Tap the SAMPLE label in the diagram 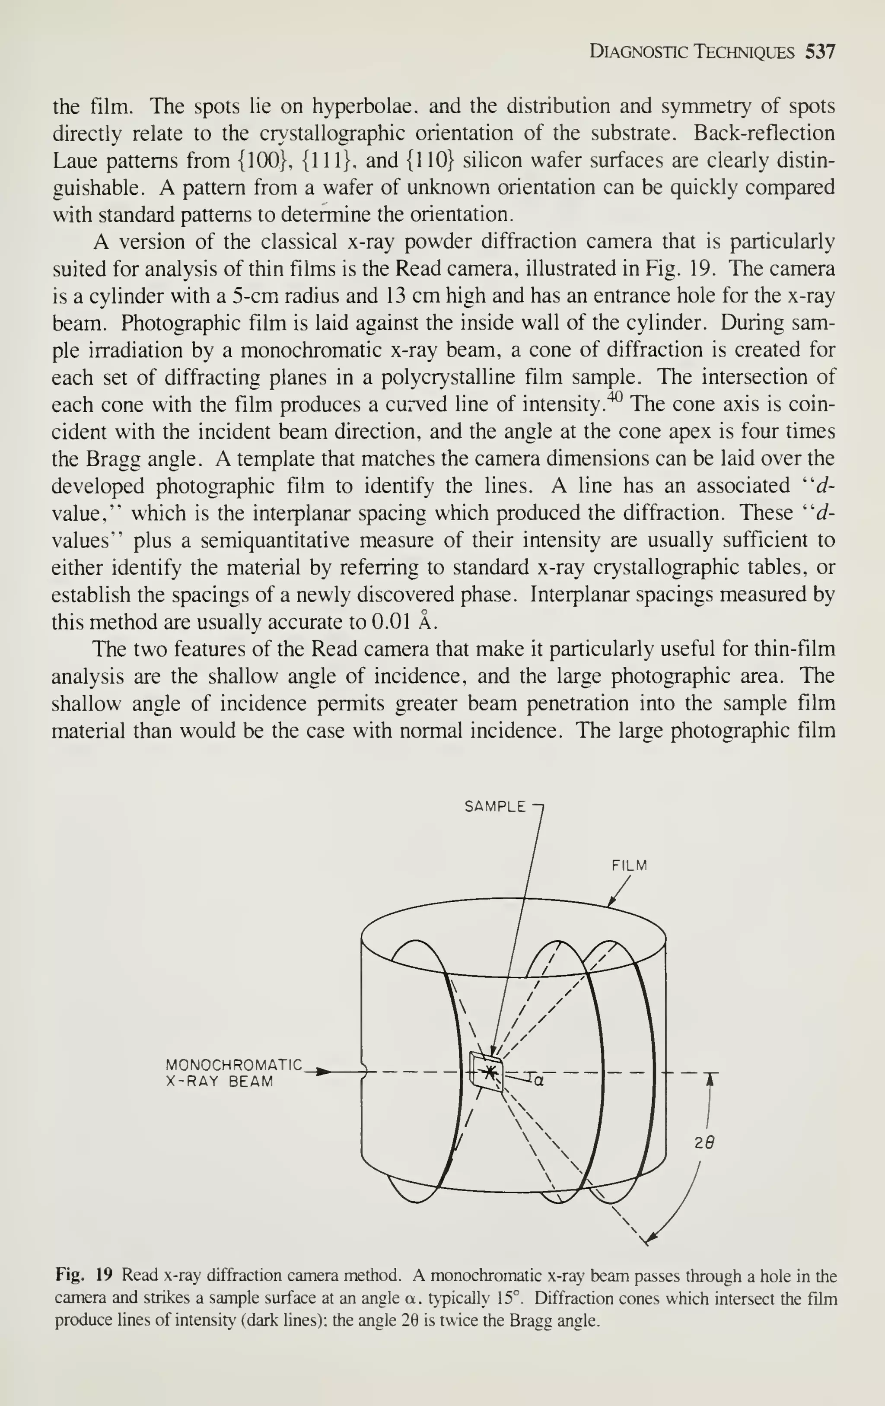click(495, 807)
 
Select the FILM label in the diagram click(629, 866)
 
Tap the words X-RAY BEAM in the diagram click(220, 1082)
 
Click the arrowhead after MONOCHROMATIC click(323, 1072)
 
